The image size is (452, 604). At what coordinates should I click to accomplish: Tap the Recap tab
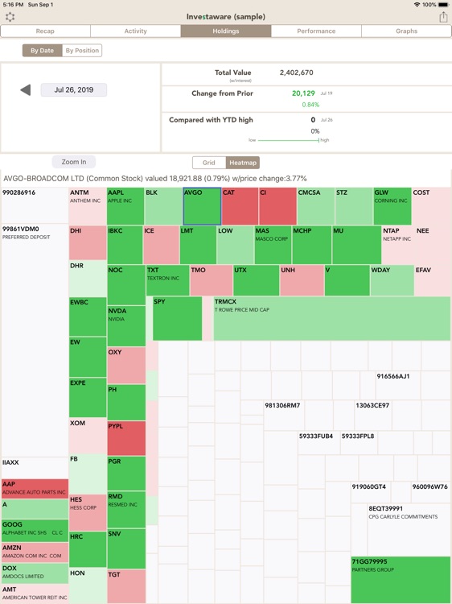(45, 31)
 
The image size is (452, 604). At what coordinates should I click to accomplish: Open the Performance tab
(316, 31)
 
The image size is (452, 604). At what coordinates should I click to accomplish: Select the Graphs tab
(406, 31)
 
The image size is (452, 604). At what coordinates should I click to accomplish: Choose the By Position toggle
(82, 51)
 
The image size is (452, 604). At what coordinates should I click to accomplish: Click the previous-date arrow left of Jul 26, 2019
(26, 90)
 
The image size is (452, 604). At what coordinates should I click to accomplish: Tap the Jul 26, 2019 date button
(74, 90)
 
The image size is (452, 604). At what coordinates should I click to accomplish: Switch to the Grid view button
(209, 163)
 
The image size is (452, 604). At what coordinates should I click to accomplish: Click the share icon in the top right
(442, 16)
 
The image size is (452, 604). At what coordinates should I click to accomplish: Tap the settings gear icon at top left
(10, 16)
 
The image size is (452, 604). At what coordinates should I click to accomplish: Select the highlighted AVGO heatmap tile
(201, 207)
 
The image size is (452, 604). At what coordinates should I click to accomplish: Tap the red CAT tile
(240, 207)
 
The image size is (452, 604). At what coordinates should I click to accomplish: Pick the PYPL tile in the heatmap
(126, 438)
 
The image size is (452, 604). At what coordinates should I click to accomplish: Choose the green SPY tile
(177, 319)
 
